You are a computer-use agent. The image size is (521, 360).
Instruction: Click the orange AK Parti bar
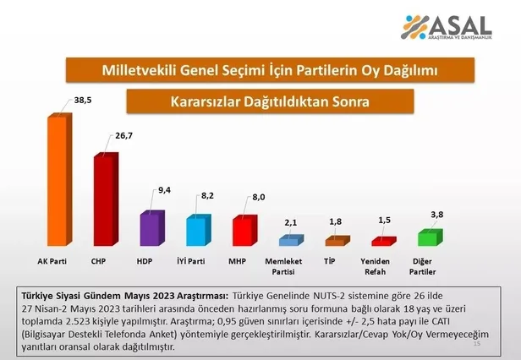click(58, 180)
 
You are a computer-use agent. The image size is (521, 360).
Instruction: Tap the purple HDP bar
click(151, 228)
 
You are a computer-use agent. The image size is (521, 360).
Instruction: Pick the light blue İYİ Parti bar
click(198, 231)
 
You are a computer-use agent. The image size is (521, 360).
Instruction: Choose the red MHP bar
click(244, 231)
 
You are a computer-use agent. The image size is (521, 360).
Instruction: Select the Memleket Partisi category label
click(289, 266)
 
